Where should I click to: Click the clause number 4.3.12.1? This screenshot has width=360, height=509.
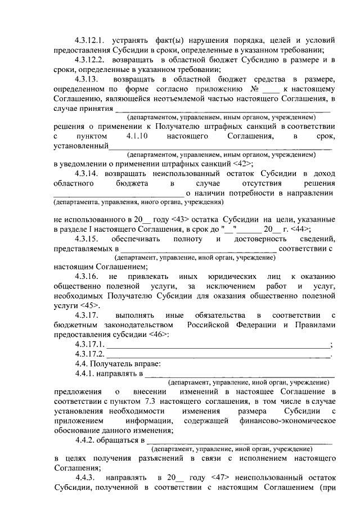(x=90, y=40)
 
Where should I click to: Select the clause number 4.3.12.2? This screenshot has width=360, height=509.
(x=90, y=59)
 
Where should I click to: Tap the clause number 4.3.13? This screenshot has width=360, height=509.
(x=86, y=78)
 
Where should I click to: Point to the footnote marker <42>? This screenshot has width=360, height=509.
(x=241, y=163)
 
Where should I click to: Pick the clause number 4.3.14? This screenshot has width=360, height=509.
(x=86, y=173)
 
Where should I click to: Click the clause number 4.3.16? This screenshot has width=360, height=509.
(x=86, y=276)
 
